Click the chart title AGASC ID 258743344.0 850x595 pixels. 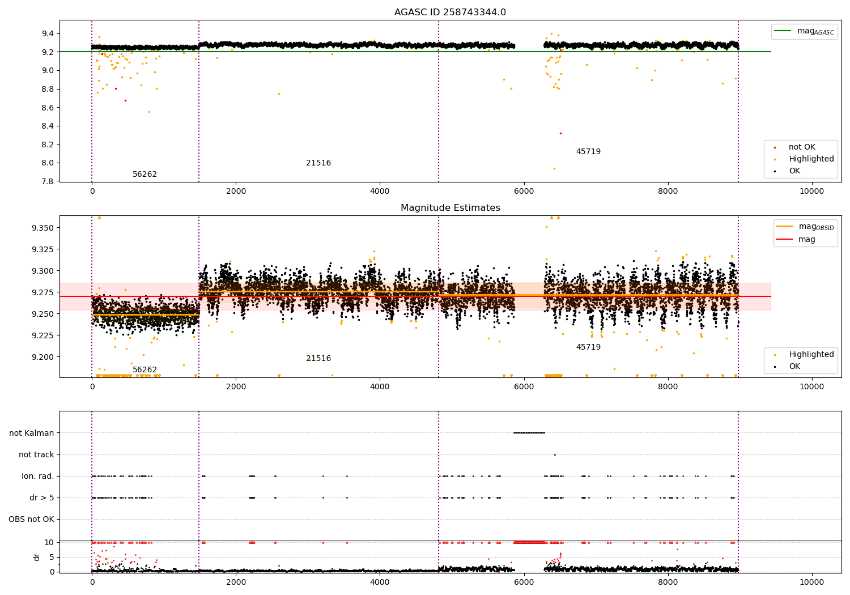pos(450,12)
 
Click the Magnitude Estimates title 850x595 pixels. pos(450,208)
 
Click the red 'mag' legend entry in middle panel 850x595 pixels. pos(806,240)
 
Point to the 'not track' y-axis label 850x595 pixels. pos(36,454)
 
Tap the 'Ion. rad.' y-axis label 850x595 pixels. pos(38,476)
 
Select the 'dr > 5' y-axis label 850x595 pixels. pos(41,498)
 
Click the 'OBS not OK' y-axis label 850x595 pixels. pos(31,519)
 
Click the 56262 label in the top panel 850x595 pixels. pos(144,175)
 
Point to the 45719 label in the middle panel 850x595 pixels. pos(588,347)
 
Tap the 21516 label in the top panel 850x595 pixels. pos(318,163)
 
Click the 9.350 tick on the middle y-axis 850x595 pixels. pos(43,228)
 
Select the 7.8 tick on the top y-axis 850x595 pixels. pos(48,181)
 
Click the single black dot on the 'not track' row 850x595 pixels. pos(555,454)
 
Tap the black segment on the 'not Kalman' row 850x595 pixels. pos(529,433)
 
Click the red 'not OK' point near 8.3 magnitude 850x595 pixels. pos(560,133)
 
